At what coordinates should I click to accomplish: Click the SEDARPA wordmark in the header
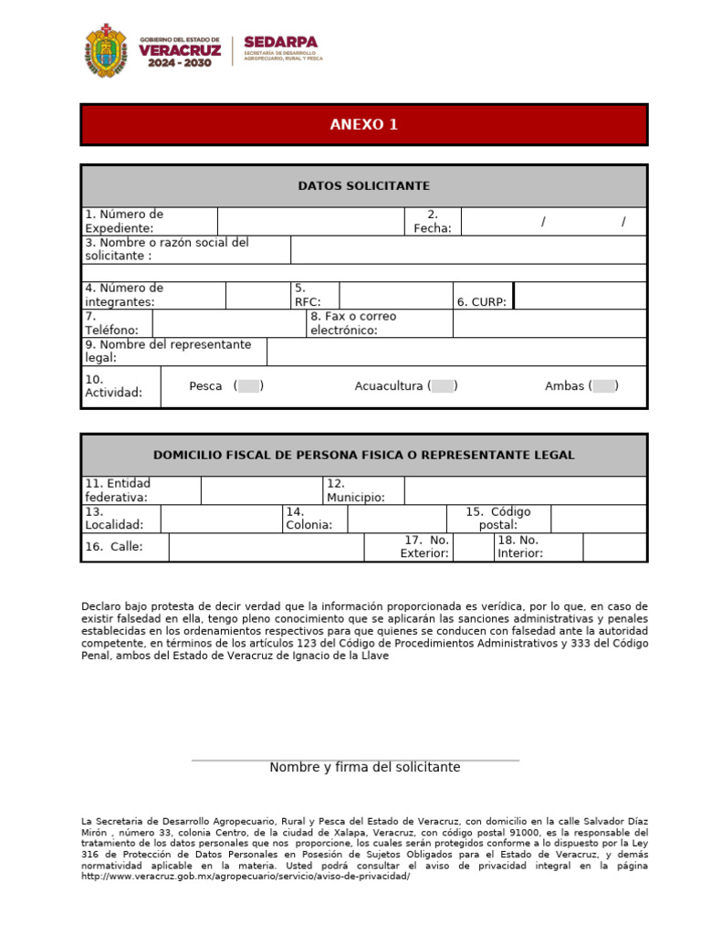tap(280, 43)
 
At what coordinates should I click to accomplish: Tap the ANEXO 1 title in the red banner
tap(363, 125)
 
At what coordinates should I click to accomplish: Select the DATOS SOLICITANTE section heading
tap(363, 186)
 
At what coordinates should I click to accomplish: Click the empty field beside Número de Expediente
tap(310, 221)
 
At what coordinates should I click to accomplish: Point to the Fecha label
tap(433, 221)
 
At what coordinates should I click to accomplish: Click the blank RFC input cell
tap(395, 295)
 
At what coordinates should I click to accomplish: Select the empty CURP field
tap(581, 295)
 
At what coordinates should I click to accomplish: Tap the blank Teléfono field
tap(228, 323)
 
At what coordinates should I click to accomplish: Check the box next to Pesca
tap(248, 386)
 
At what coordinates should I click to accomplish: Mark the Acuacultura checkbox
tap(443, 386)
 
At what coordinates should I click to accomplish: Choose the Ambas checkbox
tap(603, 386)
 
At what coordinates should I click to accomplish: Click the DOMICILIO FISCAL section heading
tap(363, 455)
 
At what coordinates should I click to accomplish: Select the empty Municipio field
tap(525, 490)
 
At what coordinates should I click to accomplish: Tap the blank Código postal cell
tap(598, 519)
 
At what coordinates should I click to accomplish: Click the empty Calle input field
tap(266, 547)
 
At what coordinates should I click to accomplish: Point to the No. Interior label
tap(520, 547)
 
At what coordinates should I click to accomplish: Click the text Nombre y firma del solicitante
tap(364, 768)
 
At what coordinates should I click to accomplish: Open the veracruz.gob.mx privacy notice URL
tap(246, 877)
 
